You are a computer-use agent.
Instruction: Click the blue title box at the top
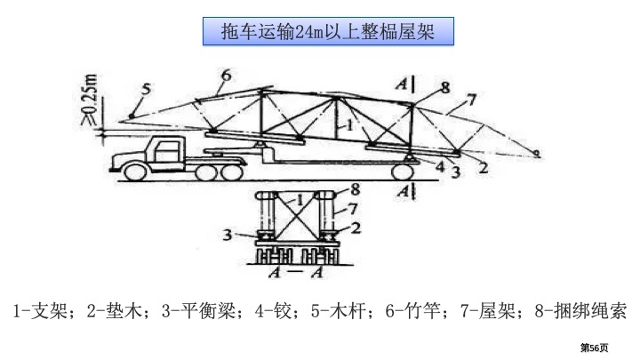point(328,31)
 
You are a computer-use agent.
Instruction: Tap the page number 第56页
point(595,348)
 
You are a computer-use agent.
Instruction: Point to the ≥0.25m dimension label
point(90,100)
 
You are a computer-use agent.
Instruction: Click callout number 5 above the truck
point(146,89)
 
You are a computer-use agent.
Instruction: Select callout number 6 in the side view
point(226,75)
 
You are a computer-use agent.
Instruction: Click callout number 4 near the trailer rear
point(440,166)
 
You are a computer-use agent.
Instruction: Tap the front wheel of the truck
point(135,172)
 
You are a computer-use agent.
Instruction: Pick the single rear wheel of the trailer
point(402,172)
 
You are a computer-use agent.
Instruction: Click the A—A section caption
point(296,272)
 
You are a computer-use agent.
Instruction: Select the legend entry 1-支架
point(40,311)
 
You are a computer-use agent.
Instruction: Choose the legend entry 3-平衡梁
point(198,311)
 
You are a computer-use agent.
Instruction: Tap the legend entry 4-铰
point(273,311)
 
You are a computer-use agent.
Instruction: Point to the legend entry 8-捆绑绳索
point(580,311)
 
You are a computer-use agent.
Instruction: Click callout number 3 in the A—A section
point(228,235)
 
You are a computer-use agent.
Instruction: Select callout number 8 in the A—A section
point(356,189)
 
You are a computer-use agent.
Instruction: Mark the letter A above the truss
point(402,84)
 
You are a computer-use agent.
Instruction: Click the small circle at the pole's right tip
point(537,154)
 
